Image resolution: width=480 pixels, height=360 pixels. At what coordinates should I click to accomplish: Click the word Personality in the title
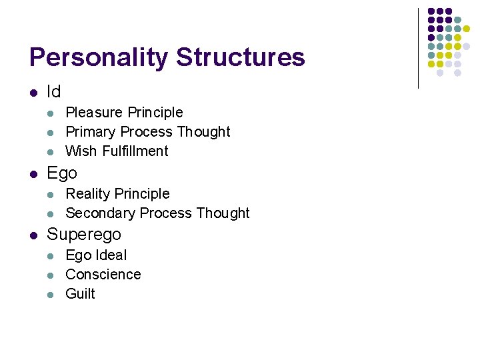coord(99,58)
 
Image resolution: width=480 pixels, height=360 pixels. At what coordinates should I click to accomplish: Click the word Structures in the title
coord(241,58)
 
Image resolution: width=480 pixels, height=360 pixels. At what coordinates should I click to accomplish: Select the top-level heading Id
coord(53,91)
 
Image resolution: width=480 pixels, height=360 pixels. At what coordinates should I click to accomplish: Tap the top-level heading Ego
coord(62,173)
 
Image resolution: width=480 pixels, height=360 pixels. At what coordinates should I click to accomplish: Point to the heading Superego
coord(84,235)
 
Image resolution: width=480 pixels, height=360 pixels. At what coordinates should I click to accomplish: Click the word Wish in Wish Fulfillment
coord(81,151)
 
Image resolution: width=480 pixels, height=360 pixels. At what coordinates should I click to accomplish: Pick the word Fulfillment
coord(135,151)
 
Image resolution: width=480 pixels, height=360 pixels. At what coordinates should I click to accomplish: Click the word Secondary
coord(97,213)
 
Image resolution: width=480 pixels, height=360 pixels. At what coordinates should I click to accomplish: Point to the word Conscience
coord(103,275)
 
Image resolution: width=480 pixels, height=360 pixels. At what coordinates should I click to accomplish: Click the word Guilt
coord(80,294)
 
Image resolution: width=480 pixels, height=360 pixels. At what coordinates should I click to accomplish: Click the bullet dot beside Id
coord(33,92)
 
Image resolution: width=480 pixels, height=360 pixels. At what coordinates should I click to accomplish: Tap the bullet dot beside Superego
coord(33,235)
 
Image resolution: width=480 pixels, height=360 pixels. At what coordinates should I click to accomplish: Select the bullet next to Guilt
coord(53,294)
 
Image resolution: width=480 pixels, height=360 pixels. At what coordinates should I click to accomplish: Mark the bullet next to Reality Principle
coord(53,194)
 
